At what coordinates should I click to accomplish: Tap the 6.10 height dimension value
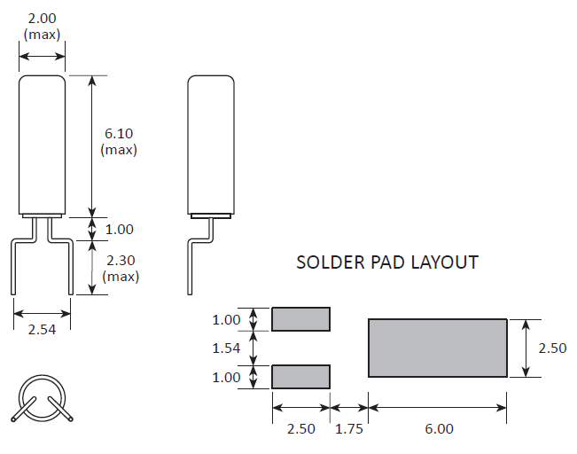[x=119, y=133]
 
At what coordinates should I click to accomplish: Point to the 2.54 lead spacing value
[x=42, y=330]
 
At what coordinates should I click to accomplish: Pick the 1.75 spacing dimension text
[x=349, y=428]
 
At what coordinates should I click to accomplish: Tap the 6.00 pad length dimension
[x=438, y=428]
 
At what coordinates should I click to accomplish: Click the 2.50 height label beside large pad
[x=551, y=348]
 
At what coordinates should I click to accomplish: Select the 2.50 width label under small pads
[x=300, y=428]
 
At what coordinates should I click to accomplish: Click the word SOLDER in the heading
[x=324, y=262]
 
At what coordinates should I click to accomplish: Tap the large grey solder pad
[x=438, y=348]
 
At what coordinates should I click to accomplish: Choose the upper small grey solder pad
[x=300, y=319]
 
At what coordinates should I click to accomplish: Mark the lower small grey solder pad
[x=300, y=377]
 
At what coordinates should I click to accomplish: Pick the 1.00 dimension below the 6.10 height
[x=119, y=230]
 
